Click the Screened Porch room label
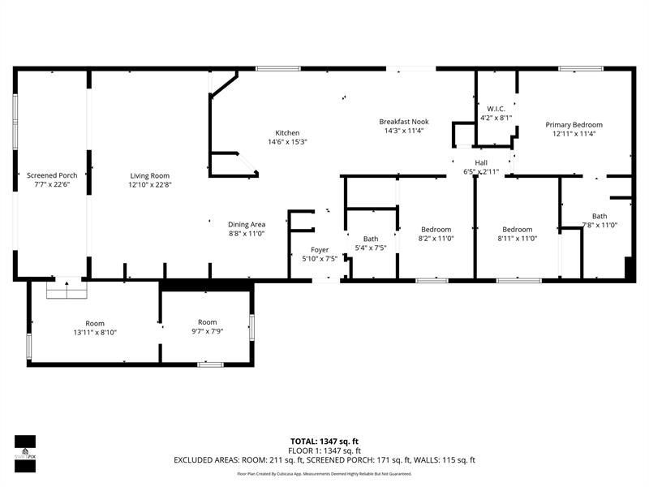pyautogui.click(x=52, y=175)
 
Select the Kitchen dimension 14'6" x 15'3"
pyautogui.click(x=287, y=142)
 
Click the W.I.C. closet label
pyautogui.click(x=496, y=109)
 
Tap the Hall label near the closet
pyautogui.click(x=480, y=162)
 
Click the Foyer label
pyautogui.click(x=320, y=250)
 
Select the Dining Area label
pyautogui.click(x=247, y=224)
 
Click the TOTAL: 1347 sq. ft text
pyautogui.click(x=324, y=442)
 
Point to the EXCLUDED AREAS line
pyautogui.click(x=324, y=460)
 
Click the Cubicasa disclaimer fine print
pyautogui.click(x=324, y=473)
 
